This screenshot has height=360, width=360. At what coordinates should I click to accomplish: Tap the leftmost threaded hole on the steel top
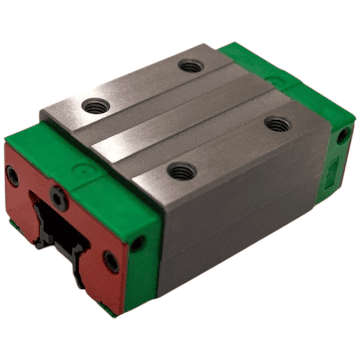97,106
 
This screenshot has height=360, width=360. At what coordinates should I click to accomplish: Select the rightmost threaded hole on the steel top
278,123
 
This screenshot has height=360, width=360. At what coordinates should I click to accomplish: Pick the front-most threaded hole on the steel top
182,171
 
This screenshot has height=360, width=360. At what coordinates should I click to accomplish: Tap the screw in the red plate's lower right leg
111,261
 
